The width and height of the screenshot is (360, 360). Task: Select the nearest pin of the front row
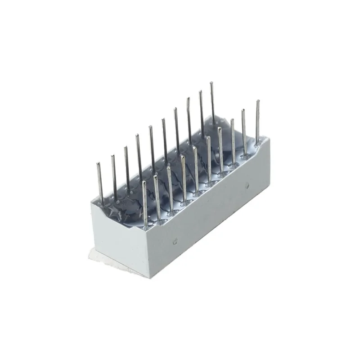(145, 202)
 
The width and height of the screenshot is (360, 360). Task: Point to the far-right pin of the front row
(257, 121)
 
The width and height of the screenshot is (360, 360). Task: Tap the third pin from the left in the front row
(170, 187)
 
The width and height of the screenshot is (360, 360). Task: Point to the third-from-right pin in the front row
(233, 139)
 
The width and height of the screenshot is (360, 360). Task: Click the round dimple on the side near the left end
(175, 242)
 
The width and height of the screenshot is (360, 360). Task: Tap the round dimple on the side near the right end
(247, 185)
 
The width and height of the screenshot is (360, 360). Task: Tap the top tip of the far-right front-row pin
(258, 101)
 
